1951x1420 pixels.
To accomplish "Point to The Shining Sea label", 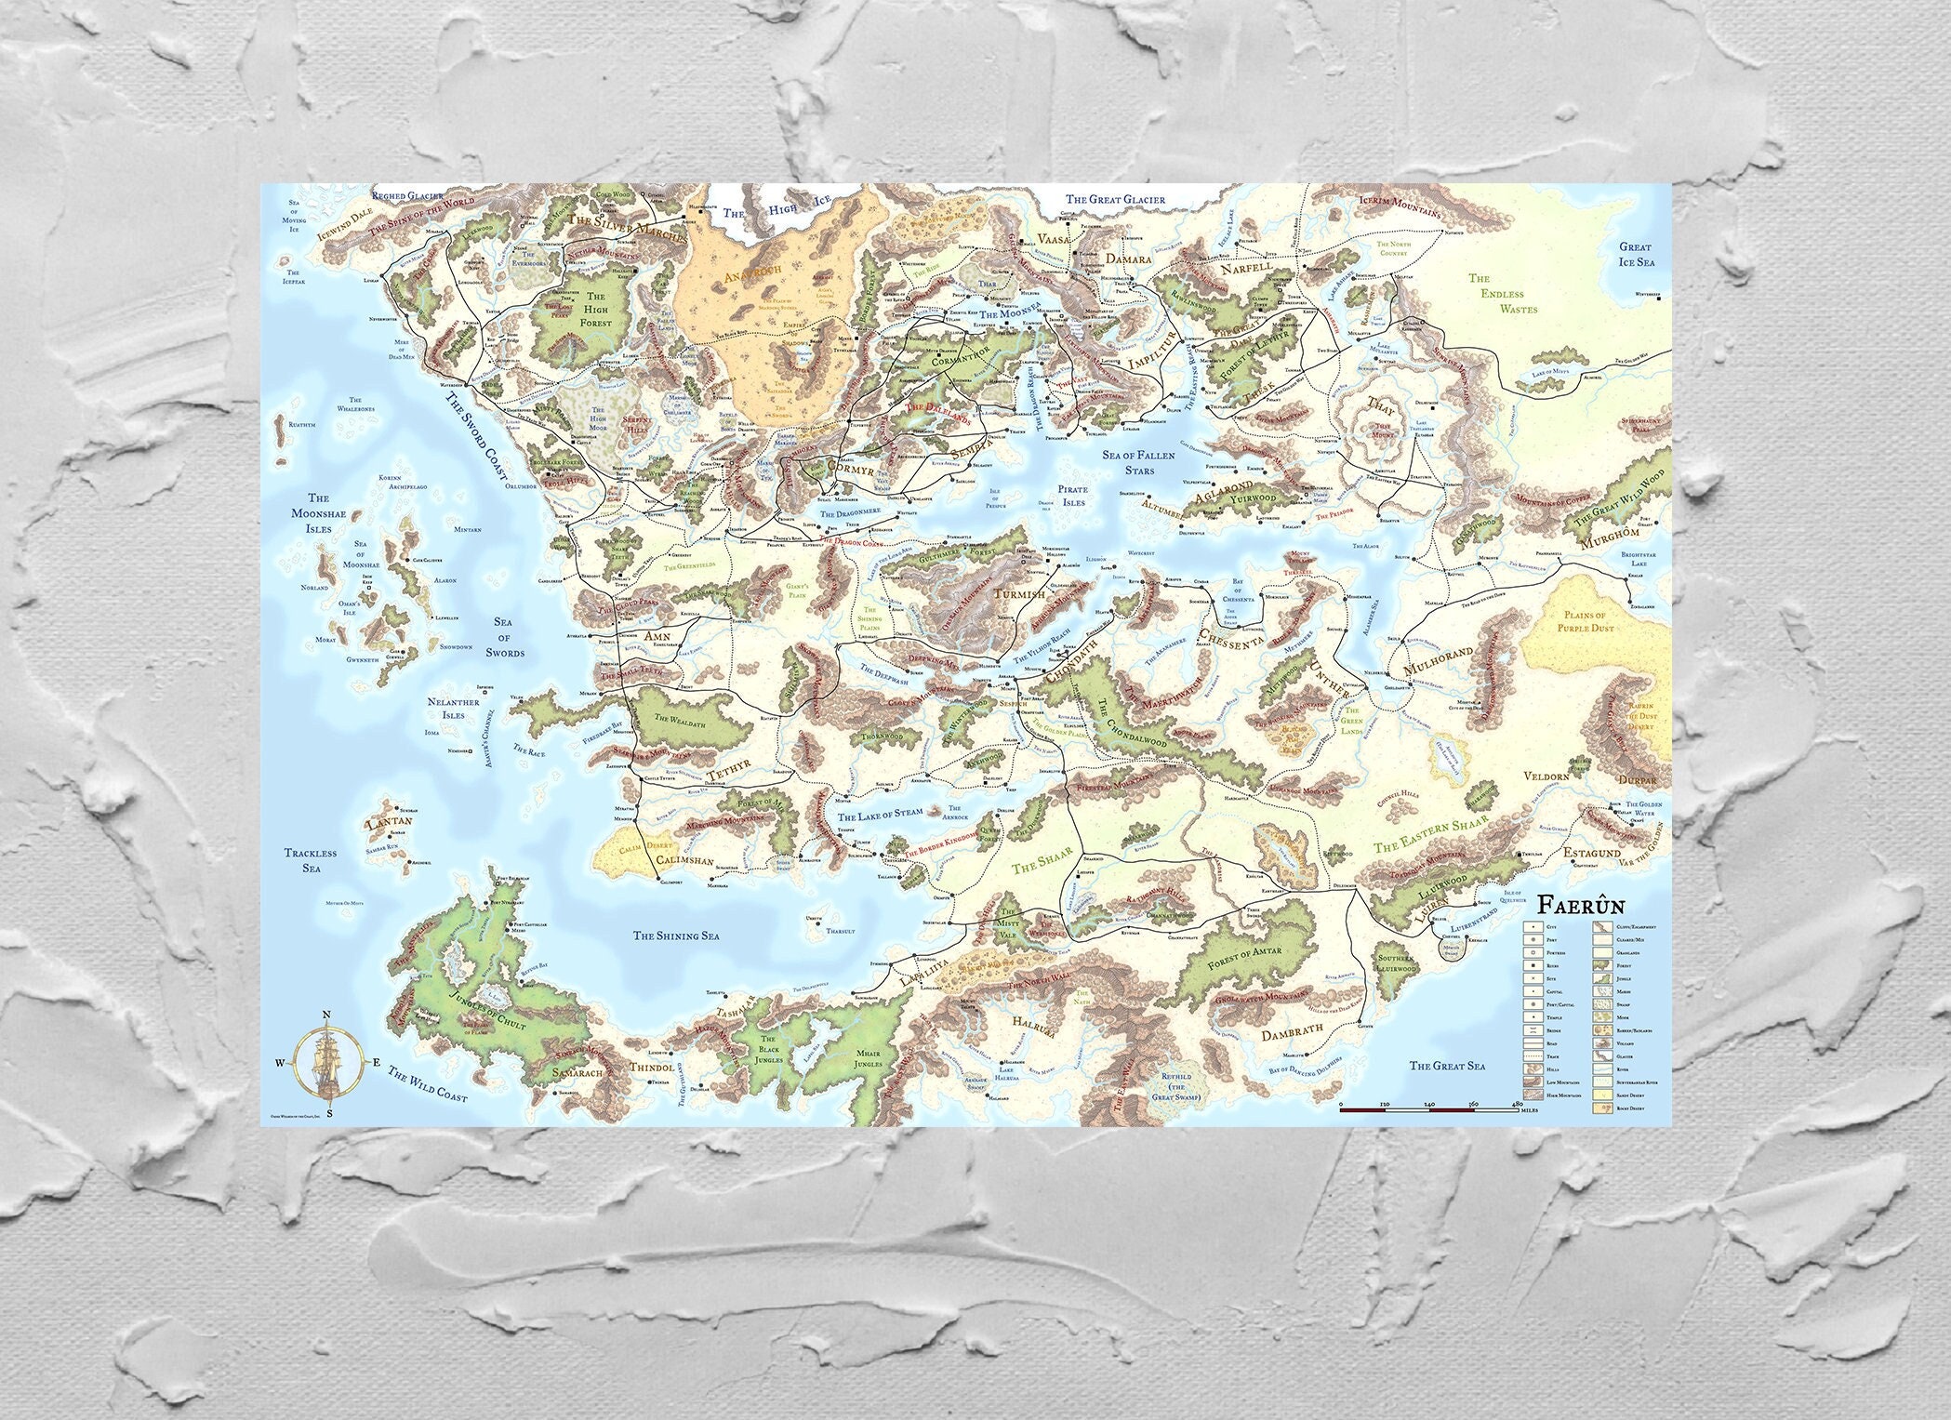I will click(x=677, y=936).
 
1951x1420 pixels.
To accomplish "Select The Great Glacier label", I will click(x=1115, y=199).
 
